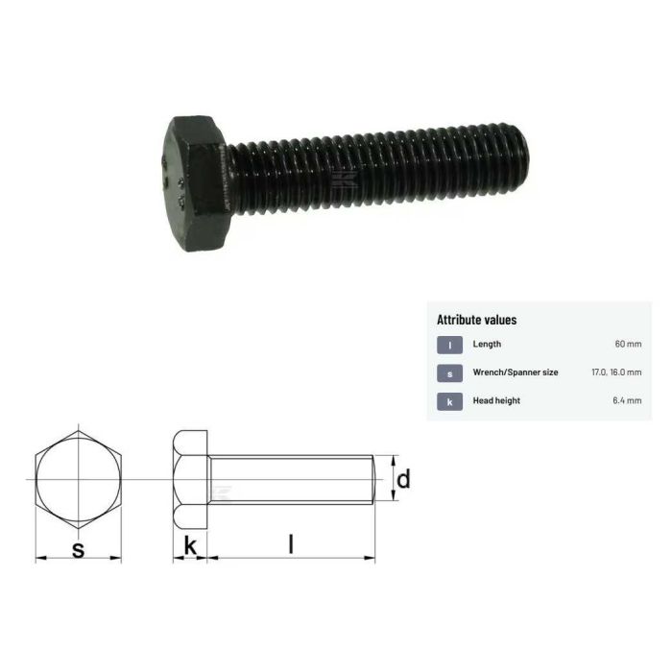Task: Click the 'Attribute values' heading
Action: coord(476,320)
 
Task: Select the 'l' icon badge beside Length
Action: coord(449,344)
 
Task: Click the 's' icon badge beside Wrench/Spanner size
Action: coord(449,372)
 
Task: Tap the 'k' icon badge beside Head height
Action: coord(449,400)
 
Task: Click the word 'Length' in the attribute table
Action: coord(487,344)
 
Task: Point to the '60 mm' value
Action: coord(628,344)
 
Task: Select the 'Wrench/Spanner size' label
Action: coord(516,372)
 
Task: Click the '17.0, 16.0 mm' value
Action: coord(616,372)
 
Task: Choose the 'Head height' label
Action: coord(496,400)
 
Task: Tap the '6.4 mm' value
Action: coord(628,400)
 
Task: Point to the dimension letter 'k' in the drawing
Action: coord(190,546)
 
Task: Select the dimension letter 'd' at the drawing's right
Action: coord(403,478)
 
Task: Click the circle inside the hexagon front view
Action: coord(79,478)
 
